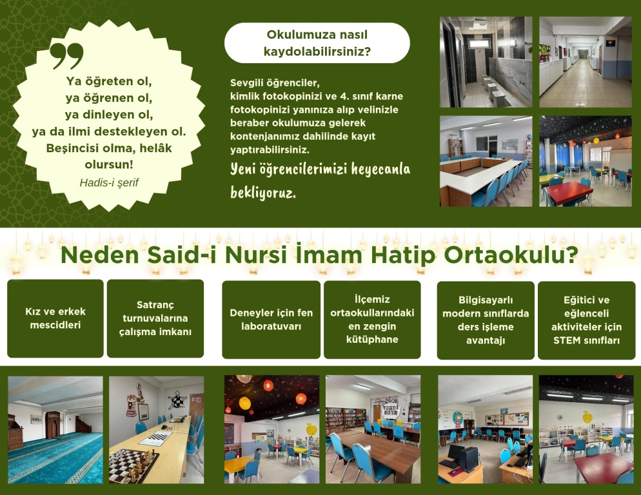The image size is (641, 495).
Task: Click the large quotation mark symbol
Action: point(66,55)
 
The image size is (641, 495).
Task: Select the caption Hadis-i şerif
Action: point(109,182)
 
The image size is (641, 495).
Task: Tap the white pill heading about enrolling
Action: point(317,43)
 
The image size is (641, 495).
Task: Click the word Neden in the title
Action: point(100,255)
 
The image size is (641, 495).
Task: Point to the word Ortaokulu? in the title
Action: point(511,255)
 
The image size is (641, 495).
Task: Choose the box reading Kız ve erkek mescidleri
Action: point(55,318)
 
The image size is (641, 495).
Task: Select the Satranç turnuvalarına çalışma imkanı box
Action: point(155,318)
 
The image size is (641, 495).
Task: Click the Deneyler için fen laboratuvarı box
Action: point(271,320)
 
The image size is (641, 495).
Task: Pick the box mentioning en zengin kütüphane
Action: point(372,320)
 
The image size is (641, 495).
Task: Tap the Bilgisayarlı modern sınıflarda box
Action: point(486,320)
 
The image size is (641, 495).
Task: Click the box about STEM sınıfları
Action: point(587,320)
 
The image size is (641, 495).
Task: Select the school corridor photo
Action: point(586,62)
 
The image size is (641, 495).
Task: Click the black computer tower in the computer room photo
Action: point(469,459)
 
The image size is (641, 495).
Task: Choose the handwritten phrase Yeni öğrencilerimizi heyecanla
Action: point(320,170)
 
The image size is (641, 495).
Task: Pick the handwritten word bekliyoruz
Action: point(263,193)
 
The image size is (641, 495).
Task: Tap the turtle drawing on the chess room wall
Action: point(177,400)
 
